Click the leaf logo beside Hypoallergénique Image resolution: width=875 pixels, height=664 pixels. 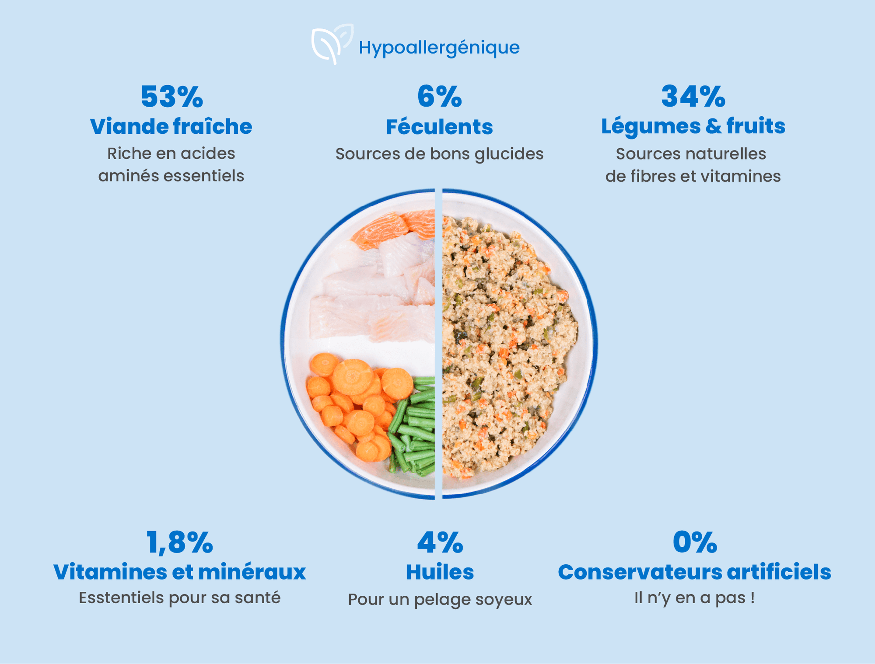click(332, 44)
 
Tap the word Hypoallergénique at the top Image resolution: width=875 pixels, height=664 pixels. click(439, 48)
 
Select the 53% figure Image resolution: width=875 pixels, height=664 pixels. click(171, 97)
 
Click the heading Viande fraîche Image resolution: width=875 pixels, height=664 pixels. click(171, 127)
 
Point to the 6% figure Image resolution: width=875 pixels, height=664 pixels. click(439, 97)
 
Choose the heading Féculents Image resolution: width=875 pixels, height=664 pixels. click(439, 127)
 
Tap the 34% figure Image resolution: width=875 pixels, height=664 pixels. click(693, 97)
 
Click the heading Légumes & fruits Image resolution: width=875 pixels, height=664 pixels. click(693, 126)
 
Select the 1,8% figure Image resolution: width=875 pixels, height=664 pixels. click(179, 542)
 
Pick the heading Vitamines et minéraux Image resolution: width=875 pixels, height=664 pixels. click(179, 572)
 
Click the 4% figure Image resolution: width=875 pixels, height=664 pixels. click(440, 542)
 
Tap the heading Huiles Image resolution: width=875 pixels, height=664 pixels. click(440, 572)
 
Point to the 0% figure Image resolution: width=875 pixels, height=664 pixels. click(695, 542)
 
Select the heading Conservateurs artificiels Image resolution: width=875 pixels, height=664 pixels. click(694, 572)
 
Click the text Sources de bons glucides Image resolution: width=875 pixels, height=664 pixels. click(439, 154)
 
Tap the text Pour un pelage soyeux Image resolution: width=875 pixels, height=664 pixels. click(440, 599)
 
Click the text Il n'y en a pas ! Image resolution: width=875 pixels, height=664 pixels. click(694, 598)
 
